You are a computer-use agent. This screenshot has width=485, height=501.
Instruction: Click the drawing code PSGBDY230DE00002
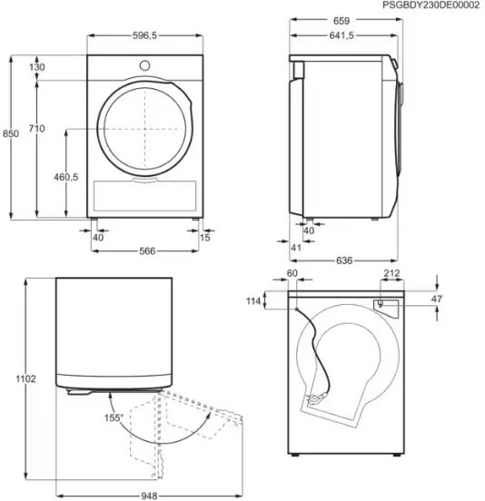click(431, 5)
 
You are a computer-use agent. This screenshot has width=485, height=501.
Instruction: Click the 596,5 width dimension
click(144, 35)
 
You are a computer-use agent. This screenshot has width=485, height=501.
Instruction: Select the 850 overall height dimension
click(11, 133)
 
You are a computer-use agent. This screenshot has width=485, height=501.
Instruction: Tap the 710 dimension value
click(36, 129)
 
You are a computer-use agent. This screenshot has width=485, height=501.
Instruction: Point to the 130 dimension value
click(36, 67)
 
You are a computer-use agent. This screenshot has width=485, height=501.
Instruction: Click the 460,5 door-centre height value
click(66, 177)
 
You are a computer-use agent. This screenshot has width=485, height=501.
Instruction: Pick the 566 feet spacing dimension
click(147, 250)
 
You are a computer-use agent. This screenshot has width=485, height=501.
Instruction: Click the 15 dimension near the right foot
click(204, 237)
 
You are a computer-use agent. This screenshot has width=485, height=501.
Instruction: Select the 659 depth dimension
click(341, 21)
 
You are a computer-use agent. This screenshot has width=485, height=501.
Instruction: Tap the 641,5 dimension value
click(341, 35)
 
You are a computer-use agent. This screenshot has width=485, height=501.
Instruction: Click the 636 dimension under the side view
click(344, 260)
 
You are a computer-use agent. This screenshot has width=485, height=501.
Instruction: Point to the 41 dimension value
click(296, 248)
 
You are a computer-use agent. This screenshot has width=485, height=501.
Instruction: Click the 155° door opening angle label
click(114, 417)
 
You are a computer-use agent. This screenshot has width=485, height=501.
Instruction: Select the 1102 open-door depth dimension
click(26, 379)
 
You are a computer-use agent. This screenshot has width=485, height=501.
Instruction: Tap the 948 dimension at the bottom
click(149, 496)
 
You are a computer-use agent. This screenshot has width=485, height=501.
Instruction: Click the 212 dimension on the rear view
click(391, 273)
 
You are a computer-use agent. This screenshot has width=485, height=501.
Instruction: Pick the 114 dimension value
click(253, 300)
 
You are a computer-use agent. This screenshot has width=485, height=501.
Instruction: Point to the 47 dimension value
click(436, 299)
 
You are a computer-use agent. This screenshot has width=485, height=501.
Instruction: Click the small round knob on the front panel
click(144, 65)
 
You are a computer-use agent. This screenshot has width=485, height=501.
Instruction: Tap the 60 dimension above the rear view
click(292, 273)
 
